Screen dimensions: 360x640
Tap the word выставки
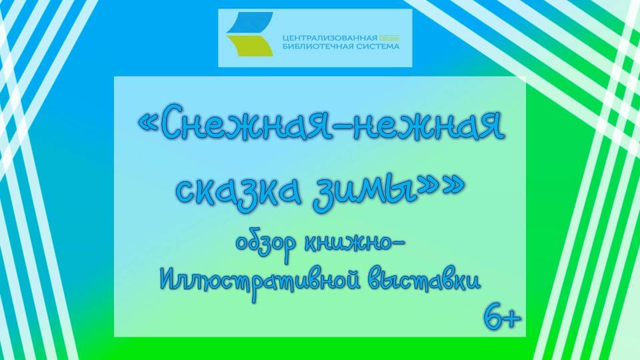423,279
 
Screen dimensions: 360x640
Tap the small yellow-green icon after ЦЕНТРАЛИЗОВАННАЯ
390,38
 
